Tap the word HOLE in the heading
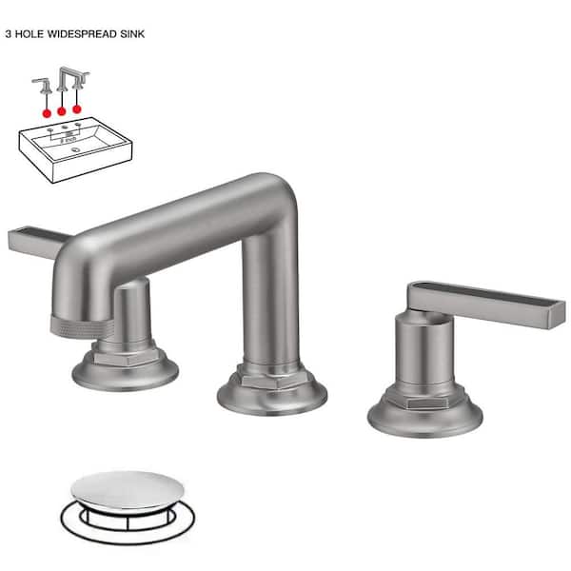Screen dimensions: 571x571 pyautogui.click(x=35, y=32)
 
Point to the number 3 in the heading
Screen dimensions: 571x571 pyautogui.click(x=9, y=32)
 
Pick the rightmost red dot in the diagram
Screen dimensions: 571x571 pyautogui.click(x=77, y=108)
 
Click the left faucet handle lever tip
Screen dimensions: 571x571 pyautogui.click(x=21, y=241)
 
